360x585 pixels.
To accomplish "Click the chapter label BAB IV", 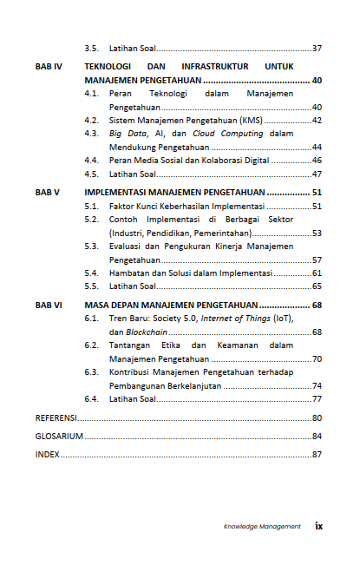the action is coord(48,66).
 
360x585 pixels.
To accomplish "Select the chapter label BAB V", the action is coord(47,193).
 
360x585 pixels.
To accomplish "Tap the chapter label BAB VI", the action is coord(48,306).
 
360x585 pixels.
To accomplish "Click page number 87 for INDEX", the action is coord(317,454).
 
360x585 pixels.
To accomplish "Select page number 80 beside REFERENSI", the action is coord(317,418).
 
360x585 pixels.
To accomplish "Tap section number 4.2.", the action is coord(91,120).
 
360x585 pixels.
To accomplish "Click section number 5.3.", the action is coord(91,246).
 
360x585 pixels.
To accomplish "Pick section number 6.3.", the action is coord(91,372).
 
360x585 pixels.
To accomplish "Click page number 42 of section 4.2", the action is coord(317,120).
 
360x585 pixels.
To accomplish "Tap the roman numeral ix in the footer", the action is coord(318,525).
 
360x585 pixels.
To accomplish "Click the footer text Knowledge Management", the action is coord(262,526).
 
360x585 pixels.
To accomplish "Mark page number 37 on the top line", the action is coord(317,48).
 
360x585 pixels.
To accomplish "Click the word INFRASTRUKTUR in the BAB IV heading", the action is coord(216,66).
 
